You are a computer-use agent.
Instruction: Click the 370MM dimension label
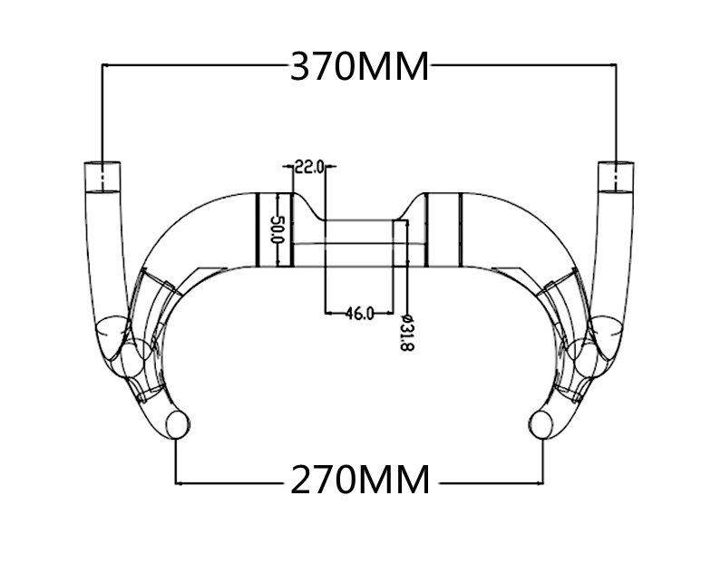(x=360, y=66)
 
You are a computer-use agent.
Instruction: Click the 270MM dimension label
(x=360, y=480)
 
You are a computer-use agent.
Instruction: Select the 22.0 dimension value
(x=309, y=167)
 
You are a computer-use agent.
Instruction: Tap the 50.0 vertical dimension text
(x=278, y=230)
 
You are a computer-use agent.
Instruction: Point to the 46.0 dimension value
(x=359, y=314)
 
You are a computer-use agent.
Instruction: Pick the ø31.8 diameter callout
(x=407, y=333)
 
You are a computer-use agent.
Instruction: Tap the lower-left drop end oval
(x=178, y=425)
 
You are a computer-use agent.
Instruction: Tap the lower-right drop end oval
(x=541, y=425)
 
